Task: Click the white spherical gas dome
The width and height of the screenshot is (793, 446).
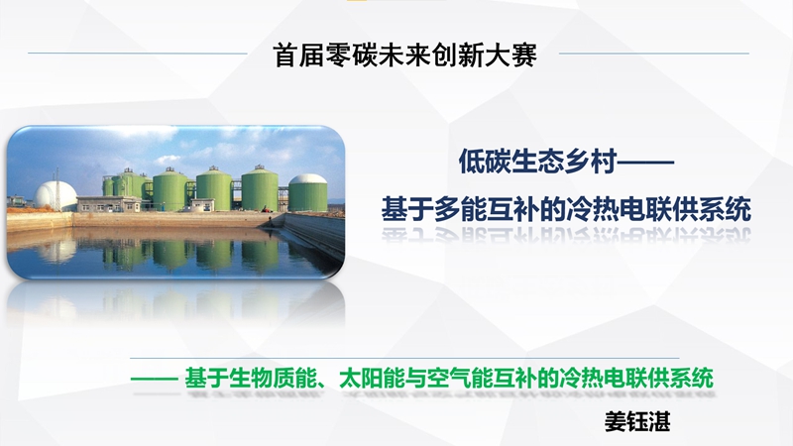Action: (x=56, y=195)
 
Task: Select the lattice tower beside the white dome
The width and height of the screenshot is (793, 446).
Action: (x=57, y=189)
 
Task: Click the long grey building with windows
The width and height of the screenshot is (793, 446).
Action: (x=109, y=204)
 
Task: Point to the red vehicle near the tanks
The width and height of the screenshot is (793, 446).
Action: (x=266, y=209)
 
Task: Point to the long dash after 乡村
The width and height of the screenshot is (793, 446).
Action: (x=646, y=163)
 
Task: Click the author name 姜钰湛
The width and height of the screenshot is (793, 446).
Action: (x=637, y=421)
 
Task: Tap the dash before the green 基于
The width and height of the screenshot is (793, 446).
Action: (x=154, y=379)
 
